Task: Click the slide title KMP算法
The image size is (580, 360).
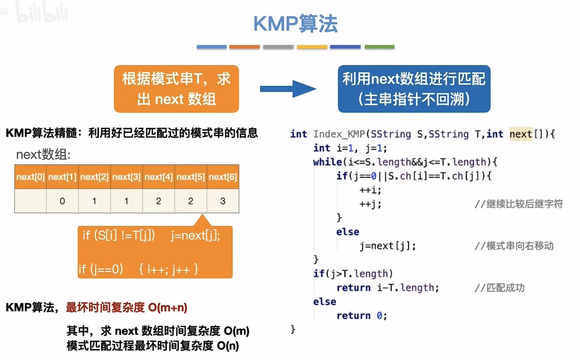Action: (x=295, y=24)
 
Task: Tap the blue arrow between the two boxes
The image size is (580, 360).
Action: (x=288, y=89)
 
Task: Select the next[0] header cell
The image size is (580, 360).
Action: (x=30, y=177)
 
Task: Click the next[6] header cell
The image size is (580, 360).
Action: (x=223, y=177)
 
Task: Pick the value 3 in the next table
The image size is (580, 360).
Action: (x=223, y=201)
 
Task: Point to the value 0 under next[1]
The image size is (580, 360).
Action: (x=62, y=201)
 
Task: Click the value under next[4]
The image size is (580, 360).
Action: (x=158, y=201)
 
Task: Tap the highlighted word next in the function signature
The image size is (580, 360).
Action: (x=520, y=134)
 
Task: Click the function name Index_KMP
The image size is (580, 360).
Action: (x=339, y=134)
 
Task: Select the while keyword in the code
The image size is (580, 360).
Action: (x=327, y=162)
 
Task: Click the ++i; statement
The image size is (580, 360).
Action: (x=370, y=190)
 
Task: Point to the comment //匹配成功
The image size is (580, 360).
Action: (x=500, y=288)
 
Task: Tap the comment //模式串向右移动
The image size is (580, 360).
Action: (x=514, y=246)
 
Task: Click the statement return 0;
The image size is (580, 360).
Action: (x=361, y=316)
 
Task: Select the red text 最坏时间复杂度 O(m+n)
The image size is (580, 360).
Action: (x=127, y=307)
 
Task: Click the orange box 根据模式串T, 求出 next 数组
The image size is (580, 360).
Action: (x=176, y=89)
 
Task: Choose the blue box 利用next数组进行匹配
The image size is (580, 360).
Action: (x=414, y=89)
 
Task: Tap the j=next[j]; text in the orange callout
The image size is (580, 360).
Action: (x=195, y=236)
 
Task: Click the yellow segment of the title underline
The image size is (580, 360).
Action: (x=312, y=47)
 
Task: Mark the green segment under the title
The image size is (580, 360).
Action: (x=379, y=47)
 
